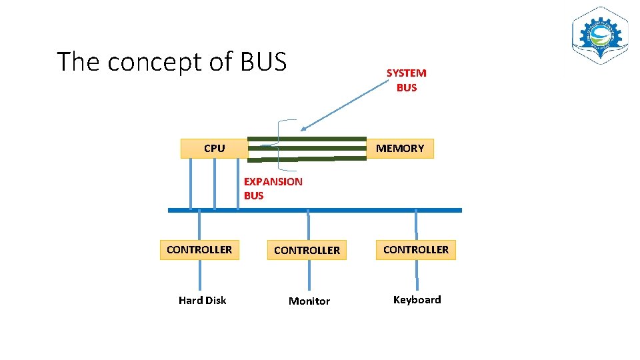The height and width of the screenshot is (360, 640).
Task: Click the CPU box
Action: [214, 149]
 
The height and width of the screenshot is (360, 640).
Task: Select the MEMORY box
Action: [400, 149]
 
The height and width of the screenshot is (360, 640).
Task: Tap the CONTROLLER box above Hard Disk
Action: [199, 250]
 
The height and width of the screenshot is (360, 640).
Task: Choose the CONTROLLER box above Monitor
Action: [307, 251]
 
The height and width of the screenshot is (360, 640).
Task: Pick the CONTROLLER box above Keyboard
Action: [415, 250]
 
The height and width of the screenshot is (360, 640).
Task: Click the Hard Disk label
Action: [202, 301]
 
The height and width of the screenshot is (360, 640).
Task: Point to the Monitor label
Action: [309, 301]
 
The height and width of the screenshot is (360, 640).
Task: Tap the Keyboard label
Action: [417, 300]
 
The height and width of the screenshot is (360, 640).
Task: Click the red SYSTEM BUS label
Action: [406, 80]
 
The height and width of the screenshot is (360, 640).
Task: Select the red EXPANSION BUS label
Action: [273, 189]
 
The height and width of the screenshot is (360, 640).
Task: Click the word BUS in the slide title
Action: [263, 61]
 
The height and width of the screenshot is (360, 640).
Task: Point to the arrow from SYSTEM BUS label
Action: [344, 105]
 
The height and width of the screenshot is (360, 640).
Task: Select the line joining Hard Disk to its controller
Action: [199, 275]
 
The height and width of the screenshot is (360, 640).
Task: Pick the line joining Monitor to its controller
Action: [309, 275]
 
